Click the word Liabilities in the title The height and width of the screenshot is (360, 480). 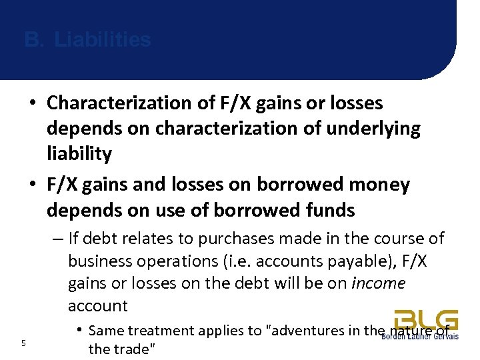(x=103, y=40)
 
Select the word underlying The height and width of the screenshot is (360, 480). (x=375, y=129)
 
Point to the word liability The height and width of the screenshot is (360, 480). (x=79, y=154)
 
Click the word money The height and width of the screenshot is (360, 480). (x=377, y=185)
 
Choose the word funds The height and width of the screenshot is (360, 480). (x=321, y=210)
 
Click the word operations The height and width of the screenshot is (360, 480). (x=174, y=261)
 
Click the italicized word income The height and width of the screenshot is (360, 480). (x=378, y=283)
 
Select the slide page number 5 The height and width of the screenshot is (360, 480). (x=23, y=343)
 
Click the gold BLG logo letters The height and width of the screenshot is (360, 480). (x=425, y=319)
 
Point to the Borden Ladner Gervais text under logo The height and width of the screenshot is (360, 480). (x=419, y=336)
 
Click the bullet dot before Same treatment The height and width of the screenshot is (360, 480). (x=79, y=330)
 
